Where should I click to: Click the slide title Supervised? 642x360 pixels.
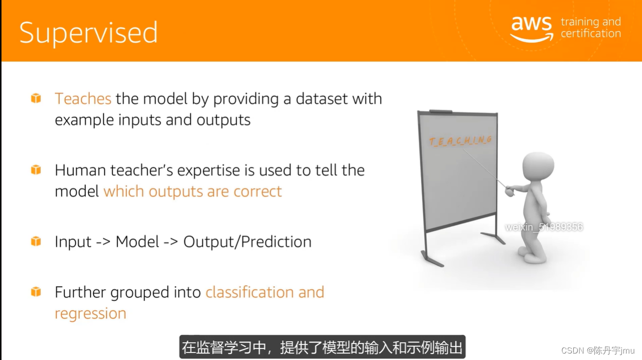89,33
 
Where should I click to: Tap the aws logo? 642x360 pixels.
531,29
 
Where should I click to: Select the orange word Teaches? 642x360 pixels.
83,99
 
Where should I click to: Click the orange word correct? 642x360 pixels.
257,191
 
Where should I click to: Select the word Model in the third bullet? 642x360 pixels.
137,241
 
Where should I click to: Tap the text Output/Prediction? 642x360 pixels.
248,241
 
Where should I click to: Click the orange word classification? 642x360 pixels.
250,292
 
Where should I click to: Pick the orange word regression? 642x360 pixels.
91,314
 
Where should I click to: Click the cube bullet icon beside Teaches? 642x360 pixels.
36,98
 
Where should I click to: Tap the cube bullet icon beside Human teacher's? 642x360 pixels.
36,170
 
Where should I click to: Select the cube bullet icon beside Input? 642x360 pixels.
36,241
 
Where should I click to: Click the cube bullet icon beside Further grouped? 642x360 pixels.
36,292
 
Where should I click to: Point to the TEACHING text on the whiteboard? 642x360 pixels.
461,141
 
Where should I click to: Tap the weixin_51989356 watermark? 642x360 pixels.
544,227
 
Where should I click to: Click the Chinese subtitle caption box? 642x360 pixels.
322,347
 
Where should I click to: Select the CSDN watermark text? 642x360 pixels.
598,350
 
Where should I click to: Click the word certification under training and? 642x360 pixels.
591,33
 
